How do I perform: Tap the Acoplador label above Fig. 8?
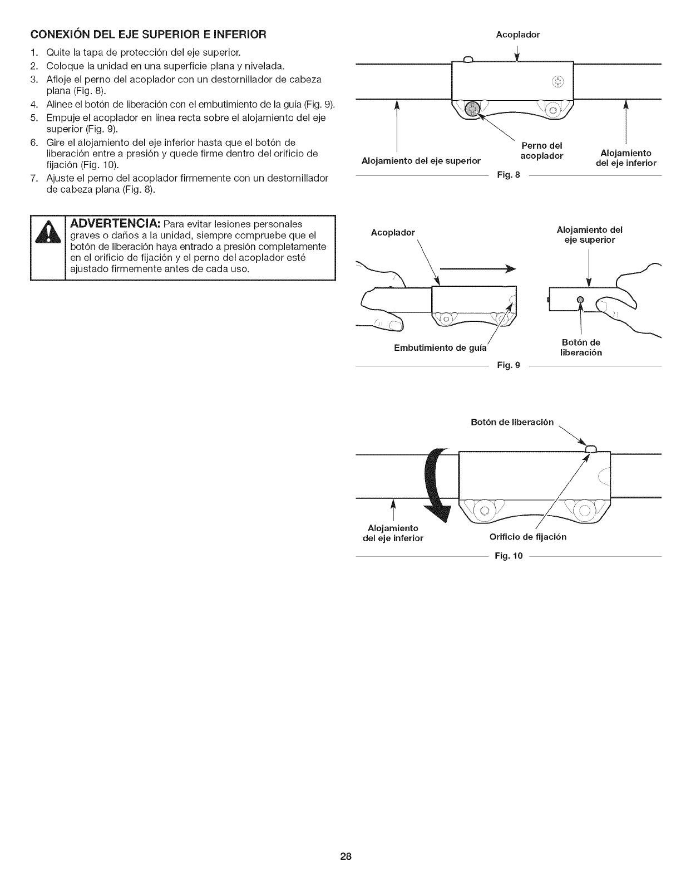(x=517, y=35)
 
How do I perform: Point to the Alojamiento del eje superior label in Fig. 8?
(x=421, y=161)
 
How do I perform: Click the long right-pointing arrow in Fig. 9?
(x=476, y=269)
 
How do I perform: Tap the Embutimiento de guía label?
(x=440, y=348)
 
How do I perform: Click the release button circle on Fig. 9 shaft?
(x=580, y=300)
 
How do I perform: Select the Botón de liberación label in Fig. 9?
(x=581, y=347)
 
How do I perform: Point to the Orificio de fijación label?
(x=528, y=537)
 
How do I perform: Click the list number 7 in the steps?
(x=34, y=178)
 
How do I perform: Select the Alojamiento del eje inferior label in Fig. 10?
(x=392, y=533)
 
